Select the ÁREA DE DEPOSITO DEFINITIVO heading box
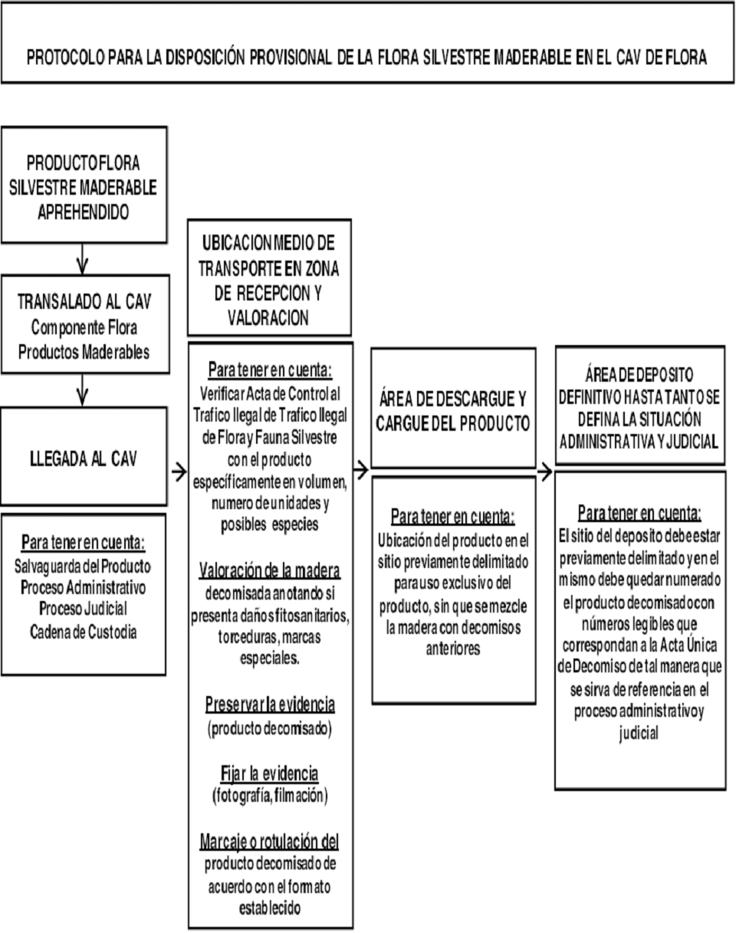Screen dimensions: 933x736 coord(639,408)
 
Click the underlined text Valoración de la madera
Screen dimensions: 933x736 coord(270,571)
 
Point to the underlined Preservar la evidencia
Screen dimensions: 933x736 coord(270,704)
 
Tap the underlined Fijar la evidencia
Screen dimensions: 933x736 coord(270,772)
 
